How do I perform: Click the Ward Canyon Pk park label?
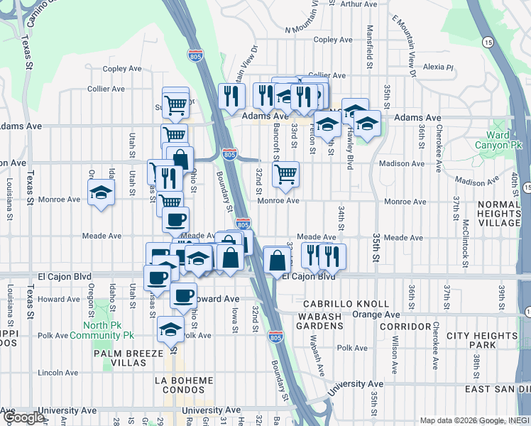502,141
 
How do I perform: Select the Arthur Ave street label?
358,4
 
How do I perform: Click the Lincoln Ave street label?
58,372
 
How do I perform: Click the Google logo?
23,417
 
